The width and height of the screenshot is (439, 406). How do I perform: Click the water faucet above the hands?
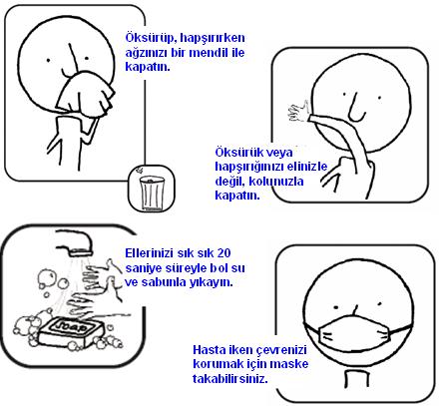[x=74, y=242]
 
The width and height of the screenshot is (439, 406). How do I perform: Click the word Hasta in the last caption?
[x=209, y=348]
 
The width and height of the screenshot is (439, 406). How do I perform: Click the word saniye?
[x=148, y=268]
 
